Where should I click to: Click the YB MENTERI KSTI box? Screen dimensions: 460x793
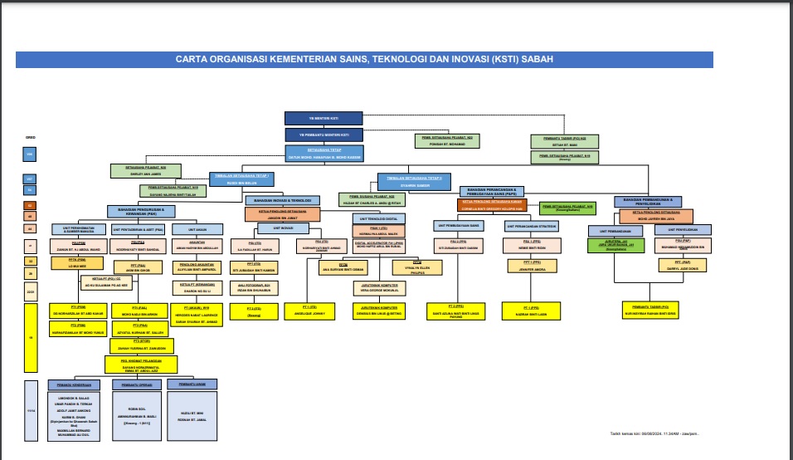[x=324, y=118]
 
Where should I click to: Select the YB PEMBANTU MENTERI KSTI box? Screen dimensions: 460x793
[x=324, y=134]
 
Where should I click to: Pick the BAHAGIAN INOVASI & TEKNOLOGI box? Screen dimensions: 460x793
[x=279, y=200]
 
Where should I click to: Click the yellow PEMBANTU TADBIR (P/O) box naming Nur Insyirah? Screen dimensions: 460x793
[x=649, y=310]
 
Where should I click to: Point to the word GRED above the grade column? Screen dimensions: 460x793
[x=31, y=137]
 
